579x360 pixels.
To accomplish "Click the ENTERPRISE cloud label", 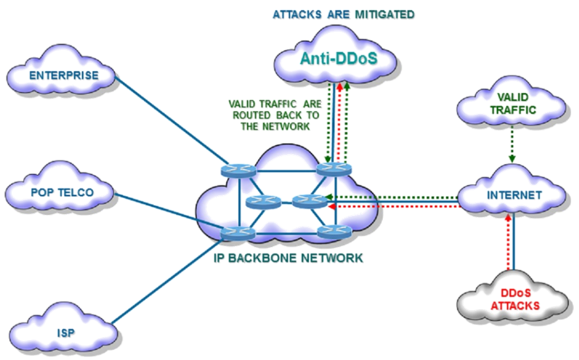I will (64, 75).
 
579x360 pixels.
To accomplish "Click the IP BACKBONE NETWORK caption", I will (288, 258).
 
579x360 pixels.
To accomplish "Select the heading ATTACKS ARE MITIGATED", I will (343, 15).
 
